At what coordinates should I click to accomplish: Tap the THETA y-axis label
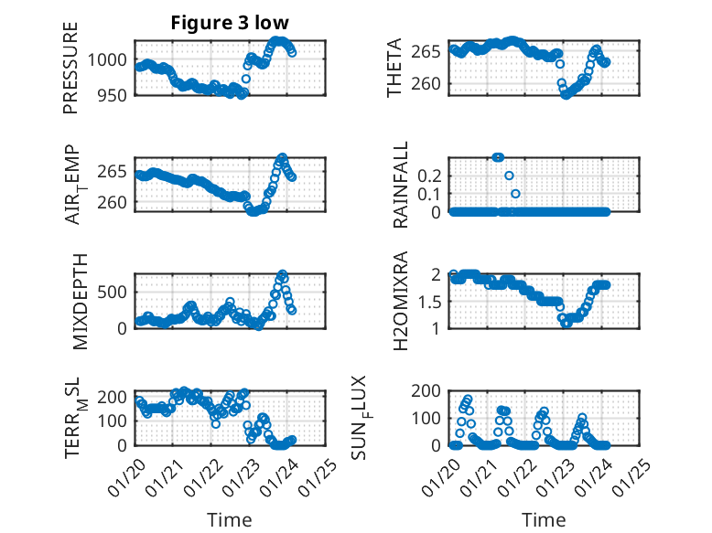pos(394,68)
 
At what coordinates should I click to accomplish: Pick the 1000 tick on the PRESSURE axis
pos(112,59)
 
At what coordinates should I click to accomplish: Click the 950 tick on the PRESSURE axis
pos(116,93)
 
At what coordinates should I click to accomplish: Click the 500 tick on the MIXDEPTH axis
pos(116,291)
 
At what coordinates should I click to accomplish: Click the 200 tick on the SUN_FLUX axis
pos(431,391)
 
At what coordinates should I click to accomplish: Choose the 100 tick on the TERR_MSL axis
pos(116,421)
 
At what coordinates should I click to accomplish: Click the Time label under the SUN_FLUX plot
pos(544,519)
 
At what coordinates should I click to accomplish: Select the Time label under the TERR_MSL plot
pos(229,519)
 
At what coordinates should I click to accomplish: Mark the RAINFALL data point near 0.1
pos(515,194)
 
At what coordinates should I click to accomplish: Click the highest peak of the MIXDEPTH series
pos(283,274)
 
